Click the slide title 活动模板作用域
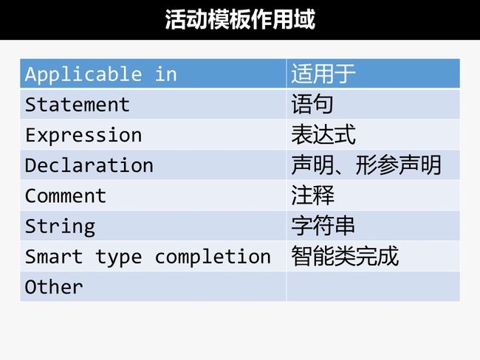coord(240,19)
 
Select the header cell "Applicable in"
coord(153,74)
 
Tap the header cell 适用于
coord(373,74)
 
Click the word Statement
coord(77,105)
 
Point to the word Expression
coord(83,135)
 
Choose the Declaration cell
coord(153,165)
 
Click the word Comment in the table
coord(66,195)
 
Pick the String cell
coord(153,226)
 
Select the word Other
coord(54,287)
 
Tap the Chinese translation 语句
coord(312,105)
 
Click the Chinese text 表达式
coord(323,134)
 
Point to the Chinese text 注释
coord(312,195)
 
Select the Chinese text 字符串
coord(323,226)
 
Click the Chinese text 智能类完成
coord(345,256)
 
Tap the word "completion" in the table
coord(213,257)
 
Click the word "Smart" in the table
coord(54,256)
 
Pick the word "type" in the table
coord(119,257)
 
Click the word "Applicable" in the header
coord(83,75)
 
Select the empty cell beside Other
coord(373,286)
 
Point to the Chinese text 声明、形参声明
coord(366,165)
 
